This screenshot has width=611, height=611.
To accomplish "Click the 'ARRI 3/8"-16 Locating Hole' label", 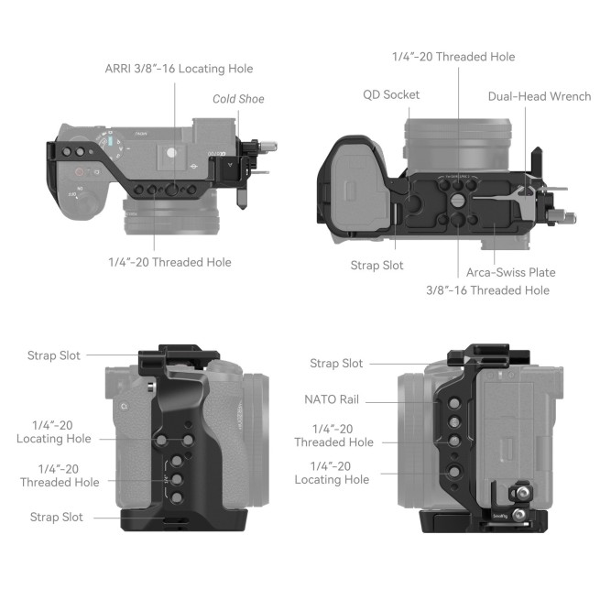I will tap(178, 69).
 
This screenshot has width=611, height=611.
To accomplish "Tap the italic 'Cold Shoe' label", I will tap(238, 99).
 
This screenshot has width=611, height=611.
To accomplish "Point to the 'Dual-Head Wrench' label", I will tap(539, 96).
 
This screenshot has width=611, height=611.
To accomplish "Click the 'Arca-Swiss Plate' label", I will tap(509, 272).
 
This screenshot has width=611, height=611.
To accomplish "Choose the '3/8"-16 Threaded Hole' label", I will tap(487, 289).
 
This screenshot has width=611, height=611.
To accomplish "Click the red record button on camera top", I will tap(80, 171).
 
